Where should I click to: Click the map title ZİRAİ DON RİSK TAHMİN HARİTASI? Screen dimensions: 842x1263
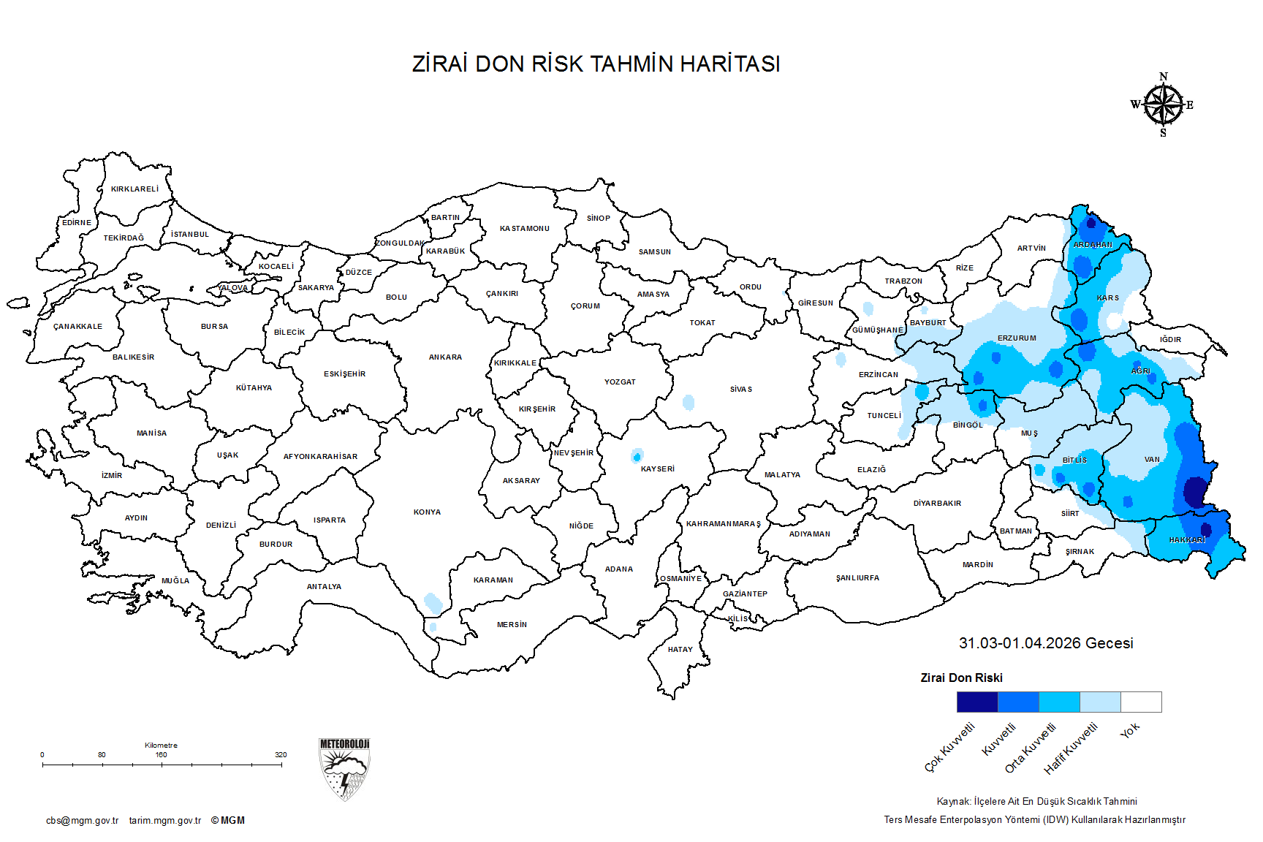tap(596, 64)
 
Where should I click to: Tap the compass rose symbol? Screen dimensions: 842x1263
tap(1163, 105)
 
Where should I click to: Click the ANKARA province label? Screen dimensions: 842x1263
tap(445, 357)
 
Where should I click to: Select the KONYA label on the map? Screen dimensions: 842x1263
tap(427, 512)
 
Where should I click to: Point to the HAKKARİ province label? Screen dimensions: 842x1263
tap(1187, 540)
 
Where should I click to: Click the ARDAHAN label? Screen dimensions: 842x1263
tap(1093, 245)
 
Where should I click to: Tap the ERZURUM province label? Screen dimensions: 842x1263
tap(1017, 338)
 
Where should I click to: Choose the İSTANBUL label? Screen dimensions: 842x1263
tap(190, 235)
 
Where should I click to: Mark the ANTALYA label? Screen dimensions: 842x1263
tap(324, 587)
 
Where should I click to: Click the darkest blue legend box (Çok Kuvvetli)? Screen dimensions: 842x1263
tap(977, 702)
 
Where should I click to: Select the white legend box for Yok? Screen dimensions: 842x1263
tap(1141, 702)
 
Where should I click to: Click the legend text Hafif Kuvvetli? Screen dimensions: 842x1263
tap(1071, 748)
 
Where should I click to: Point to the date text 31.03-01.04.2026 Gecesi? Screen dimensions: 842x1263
tap(1046, 643)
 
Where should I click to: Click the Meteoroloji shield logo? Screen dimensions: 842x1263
tap(344, 769)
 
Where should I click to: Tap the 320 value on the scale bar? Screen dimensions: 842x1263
tap(281, 755)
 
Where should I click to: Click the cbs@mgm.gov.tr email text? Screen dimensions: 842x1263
tap(82, 821)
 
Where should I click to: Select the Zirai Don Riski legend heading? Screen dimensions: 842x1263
tap(961, 678)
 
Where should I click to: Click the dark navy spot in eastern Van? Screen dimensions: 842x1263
tap(1196, 491)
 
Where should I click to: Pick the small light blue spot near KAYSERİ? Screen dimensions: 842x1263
tap(637, 455)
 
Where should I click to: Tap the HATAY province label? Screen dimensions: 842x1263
tap(680, 650)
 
